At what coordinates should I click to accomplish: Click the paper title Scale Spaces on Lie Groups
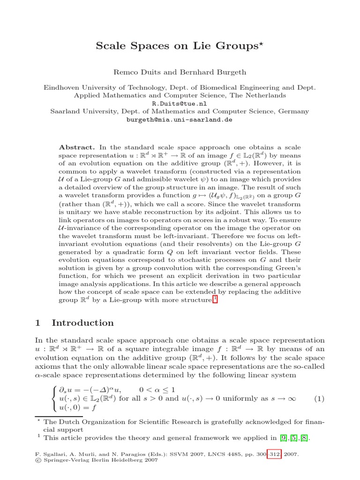(x=176, y=46)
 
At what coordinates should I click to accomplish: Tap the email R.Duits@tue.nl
(x=180, y=103)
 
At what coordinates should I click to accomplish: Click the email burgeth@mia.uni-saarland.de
(x=180, y=120)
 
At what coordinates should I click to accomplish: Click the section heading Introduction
(x=82, y=323)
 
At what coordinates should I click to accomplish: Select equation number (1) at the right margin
(x=319, y=399)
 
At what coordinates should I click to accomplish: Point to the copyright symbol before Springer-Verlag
(x=38, y=461)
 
